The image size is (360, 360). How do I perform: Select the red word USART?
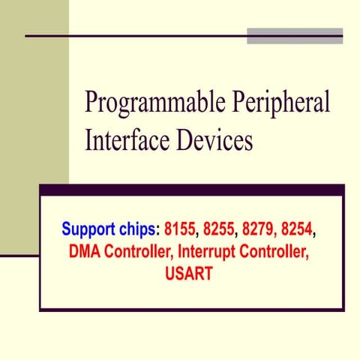coord(188,274)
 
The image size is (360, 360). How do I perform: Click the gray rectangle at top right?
coord(295,35)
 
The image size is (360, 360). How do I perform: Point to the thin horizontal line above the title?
coord(135,35)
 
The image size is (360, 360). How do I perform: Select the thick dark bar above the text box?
coord(191,190)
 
